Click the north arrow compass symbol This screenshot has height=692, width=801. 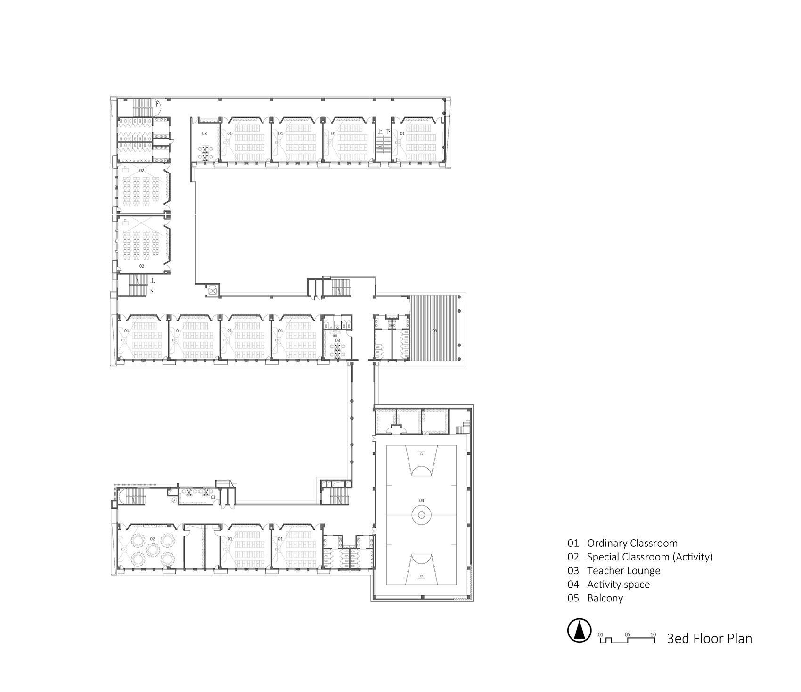580,630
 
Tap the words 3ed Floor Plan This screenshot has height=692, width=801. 709,639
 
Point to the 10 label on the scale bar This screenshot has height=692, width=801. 653,634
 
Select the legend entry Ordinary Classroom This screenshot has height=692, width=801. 632,543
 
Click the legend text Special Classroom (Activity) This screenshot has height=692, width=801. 649,557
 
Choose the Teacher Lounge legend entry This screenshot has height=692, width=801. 623,570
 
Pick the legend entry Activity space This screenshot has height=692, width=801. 618,584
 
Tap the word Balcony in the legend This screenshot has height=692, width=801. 605,598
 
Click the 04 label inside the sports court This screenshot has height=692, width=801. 421,500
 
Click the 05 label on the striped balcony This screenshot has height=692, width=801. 434,331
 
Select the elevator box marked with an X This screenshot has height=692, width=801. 213,291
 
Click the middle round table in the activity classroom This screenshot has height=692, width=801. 152,549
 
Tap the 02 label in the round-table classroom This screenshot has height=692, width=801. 152,538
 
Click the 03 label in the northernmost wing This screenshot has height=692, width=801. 204,134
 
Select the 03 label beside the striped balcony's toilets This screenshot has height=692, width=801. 337,340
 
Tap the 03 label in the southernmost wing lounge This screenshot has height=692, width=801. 213,497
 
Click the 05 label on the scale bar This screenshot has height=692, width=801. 627,634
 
